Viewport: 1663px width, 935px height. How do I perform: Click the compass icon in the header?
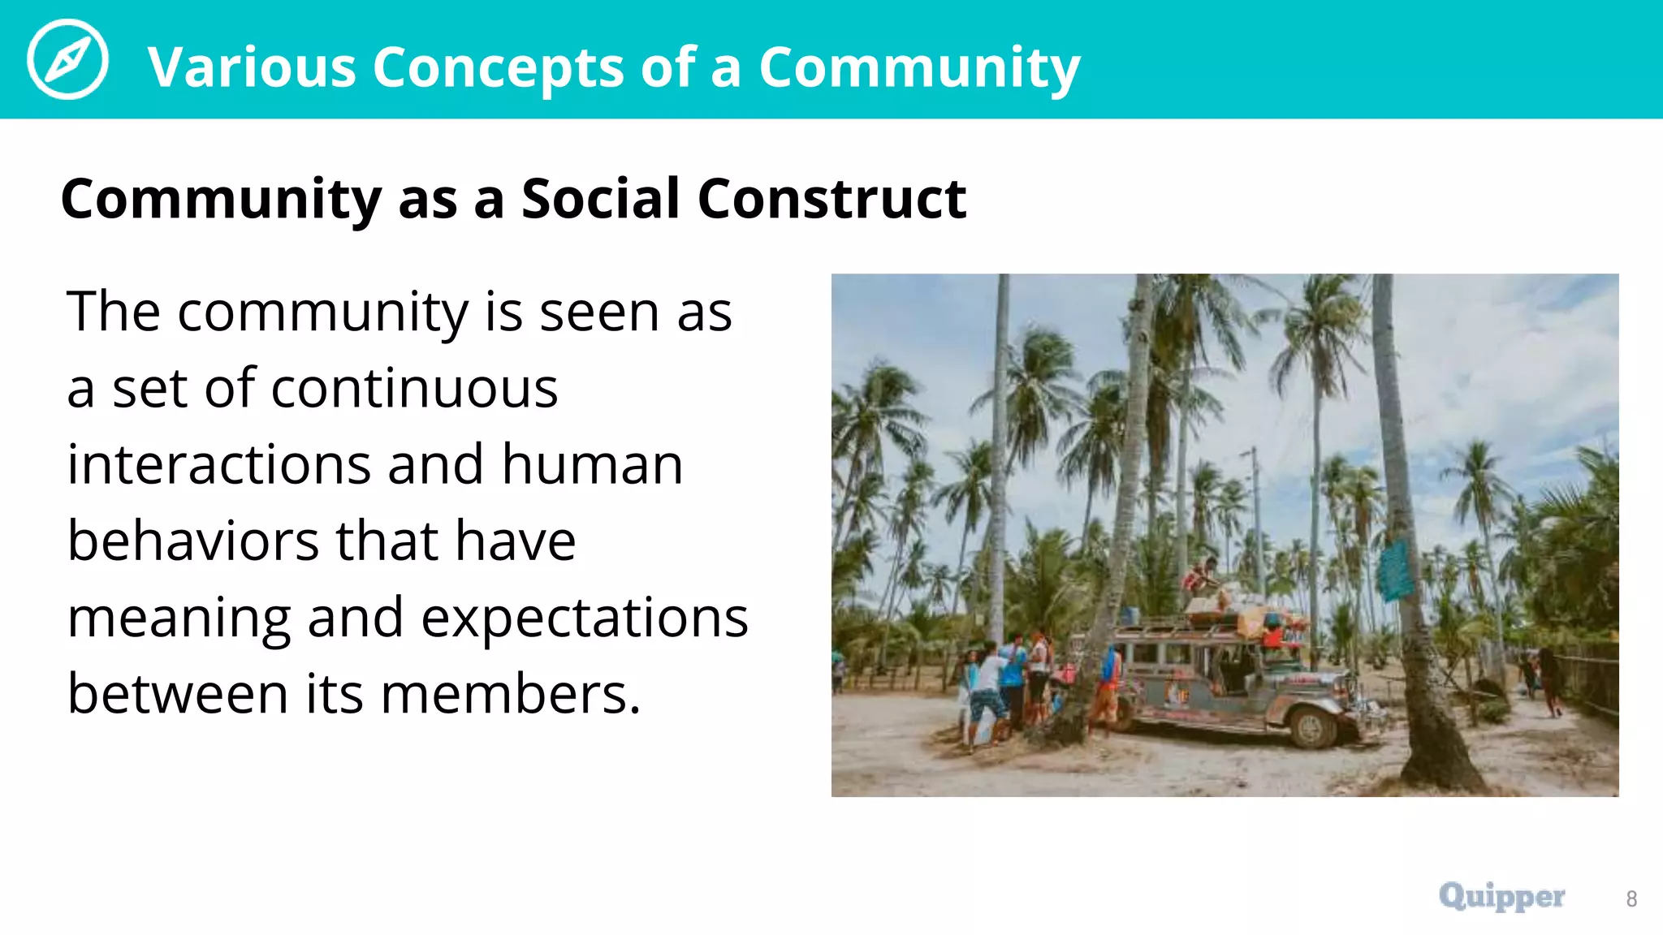(67, 59)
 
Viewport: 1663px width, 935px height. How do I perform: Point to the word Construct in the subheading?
(831, 198)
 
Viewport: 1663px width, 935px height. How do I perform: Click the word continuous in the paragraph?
(414, 388)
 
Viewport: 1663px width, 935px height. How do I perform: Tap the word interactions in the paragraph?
(218, 464)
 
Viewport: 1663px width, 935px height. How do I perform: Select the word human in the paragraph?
(592, 464)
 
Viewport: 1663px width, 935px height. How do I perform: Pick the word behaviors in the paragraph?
(192, 541)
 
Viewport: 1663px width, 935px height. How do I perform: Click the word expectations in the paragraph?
(585, 618)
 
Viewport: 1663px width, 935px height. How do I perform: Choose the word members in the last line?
(510, 694)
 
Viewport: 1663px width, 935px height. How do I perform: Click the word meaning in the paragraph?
(179, 618)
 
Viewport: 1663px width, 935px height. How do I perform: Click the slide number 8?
(1631, 898)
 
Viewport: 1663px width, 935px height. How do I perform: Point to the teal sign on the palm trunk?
(1394, 570)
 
